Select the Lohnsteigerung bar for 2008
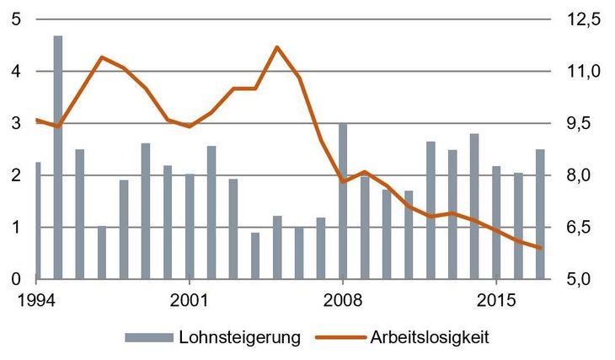[x=343, y=201]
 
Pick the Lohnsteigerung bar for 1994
[x=37, y=220]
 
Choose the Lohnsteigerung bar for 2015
[x=496, y=223]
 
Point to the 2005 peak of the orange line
[x=277, y=46]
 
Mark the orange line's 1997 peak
[x=102, y=57]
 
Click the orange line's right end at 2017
[x=540, y=248]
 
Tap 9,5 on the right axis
[x=583, y=123]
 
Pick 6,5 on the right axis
[x=583, y=227]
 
